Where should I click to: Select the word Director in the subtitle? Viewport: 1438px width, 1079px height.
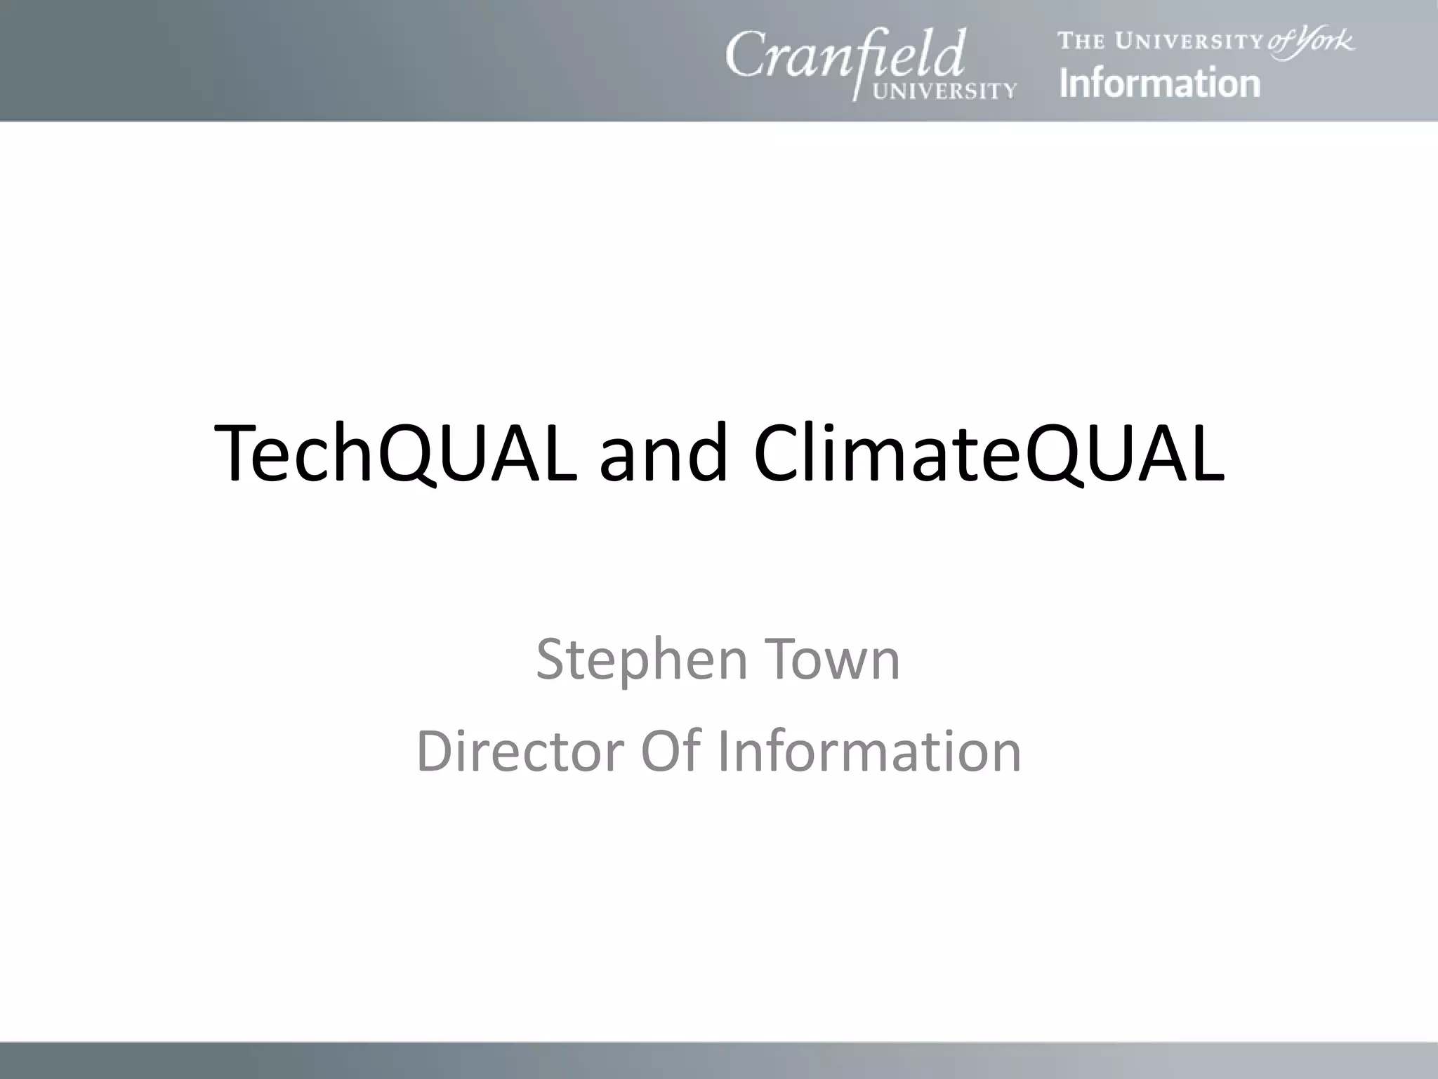[520, 751]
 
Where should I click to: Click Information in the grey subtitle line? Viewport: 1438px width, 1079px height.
[869, 751]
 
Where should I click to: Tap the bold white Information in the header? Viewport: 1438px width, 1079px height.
[1159, 83]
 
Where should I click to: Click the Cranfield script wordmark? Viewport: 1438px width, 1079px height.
[845, 56]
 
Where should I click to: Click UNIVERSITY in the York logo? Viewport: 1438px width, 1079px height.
[1189, 41]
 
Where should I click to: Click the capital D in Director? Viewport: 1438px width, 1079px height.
[437, 751]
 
